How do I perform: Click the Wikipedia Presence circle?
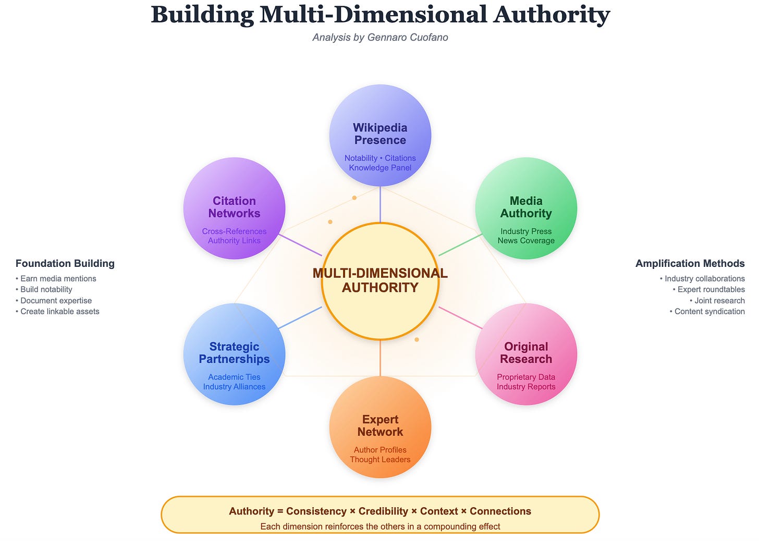coord(380,134)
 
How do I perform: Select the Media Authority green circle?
coord(526,207)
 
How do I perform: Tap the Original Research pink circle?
coord(526,353)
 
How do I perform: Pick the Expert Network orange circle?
coord(380,426)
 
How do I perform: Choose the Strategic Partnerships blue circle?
coord(234,353)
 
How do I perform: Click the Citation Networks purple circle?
coord(234,207)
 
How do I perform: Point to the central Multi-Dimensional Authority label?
coord(380,280)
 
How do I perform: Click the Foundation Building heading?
coord(65,264)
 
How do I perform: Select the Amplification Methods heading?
coord(690,264)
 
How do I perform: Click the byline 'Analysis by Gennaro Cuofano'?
coord(380,38)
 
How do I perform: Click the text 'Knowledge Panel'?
coord(380,168)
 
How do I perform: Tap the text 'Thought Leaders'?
coord(380,460)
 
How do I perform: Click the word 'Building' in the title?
coord(202,15)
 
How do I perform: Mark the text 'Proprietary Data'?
coord(526,377)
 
